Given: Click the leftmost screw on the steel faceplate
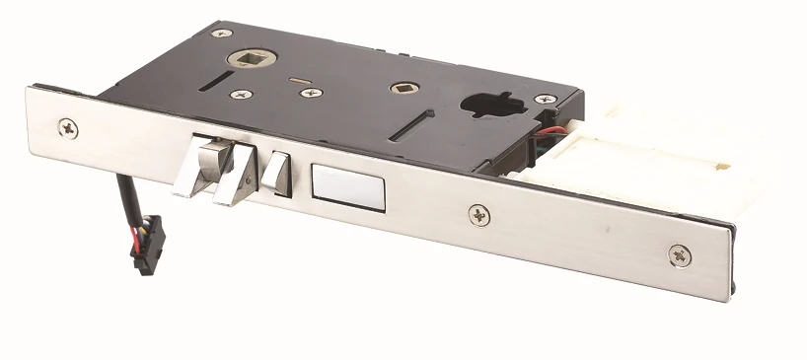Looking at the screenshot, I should [68, 127].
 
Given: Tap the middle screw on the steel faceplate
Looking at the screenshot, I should [477, 213].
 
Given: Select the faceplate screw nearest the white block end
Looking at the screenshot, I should [680, 254].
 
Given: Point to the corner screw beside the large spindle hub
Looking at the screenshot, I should [220, 35].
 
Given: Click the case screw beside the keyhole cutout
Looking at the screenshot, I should [545, 100].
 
